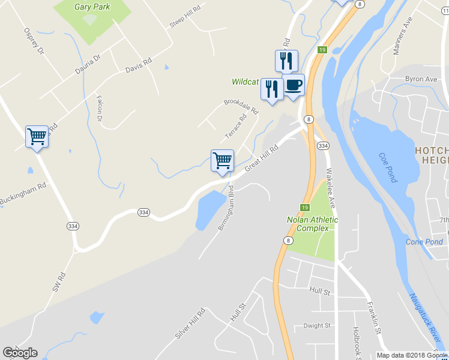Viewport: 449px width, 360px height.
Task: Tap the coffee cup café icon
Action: tap(293, 85)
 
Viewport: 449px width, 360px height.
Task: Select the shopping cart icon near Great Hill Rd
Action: tap(222, 160)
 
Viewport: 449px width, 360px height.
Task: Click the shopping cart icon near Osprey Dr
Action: tap(37, 137)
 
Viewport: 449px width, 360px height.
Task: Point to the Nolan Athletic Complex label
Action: tap(312, 224)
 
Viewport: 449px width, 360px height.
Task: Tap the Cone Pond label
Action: tap(424, 242)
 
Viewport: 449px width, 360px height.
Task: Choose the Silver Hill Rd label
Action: tap(190, 323)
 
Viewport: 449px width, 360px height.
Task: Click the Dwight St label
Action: tap(317, 326)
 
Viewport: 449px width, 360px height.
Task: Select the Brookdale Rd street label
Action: tap(241, 106)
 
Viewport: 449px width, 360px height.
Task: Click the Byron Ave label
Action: tap(421, 79)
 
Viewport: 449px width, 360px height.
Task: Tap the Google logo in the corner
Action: tap(20, 353)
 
